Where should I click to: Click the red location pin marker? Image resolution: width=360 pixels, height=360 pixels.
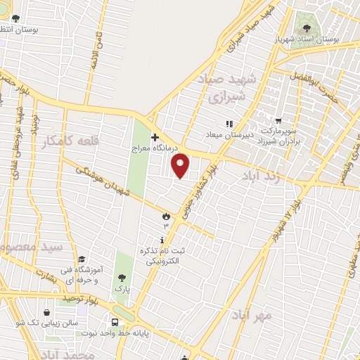(x=181, y=165)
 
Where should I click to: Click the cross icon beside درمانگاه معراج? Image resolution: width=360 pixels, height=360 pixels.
(x=155, y=136)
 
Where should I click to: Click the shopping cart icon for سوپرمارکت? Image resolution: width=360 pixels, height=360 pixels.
(x=279, y=120)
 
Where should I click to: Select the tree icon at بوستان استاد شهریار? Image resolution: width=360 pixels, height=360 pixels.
(x=305, y=27)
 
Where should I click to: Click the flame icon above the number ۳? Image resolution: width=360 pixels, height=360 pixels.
(x=166, y=215)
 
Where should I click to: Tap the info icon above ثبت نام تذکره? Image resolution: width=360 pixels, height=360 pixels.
(x=163, y=240)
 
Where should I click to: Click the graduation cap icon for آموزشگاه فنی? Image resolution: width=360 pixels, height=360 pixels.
(x=82, y=259)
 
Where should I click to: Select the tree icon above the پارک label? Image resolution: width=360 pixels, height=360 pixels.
(x=124, y=277)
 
